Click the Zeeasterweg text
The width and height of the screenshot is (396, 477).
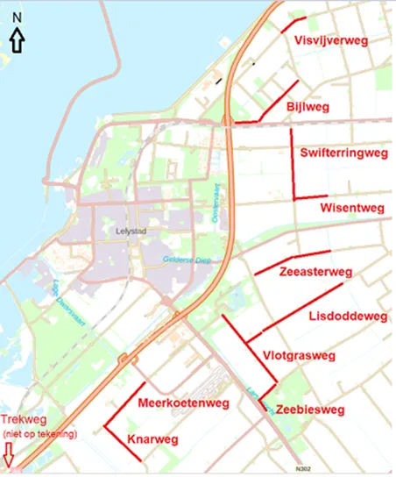coord(315,272)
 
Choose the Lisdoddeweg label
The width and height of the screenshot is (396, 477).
coord(348,315)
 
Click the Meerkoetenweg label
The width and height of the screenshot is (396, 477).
coord(183,403)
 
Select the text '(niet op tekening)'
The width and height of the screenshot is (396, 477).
coord(39,433)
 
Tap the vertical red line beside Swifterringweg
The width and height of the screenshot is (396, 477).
coord(292,162)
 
